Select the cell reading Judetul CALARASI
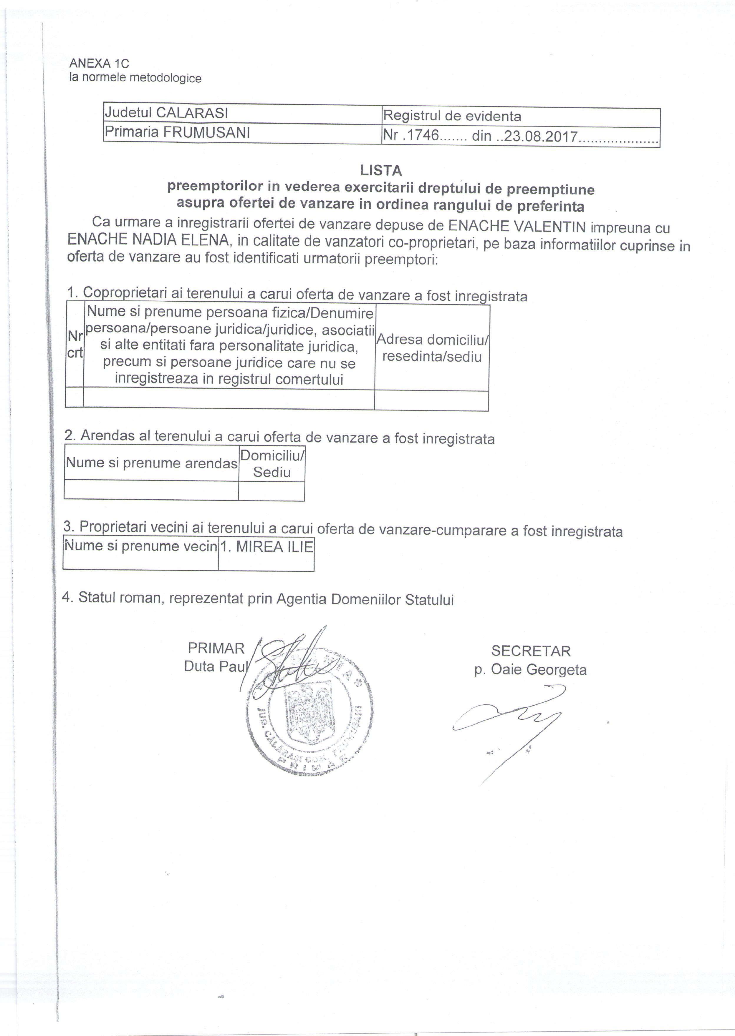point(166,113)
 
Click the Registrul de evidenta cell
point(452,117)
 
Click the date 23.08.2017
point(540,137)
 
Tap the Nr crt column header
point(75,344)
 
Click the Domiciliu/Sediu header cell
point(272,463)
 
